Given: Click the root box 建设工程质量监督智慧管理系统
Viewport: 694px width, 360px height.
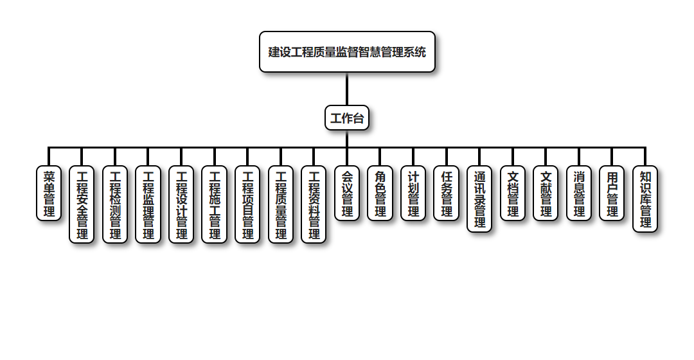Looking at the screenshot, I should (x=347, y=52).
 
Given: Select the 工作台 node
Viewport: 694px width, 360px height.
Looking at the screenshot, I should (x=347, y=118).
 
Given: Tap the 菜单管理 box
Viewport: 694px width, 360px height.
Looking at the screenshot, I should (x=49, y=193).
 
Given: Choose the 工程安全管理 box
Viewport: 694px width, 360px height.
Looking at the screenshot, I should (x=82, y=204).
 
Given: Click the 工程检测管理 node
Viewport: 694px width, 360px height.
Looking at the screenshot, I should (x=115, y=204).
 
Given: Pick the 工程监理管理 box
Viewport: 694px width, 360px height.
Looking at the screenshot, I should (x=148, y=204).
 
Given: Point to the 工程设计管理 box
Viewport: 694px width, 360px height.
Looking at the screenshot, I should (x=181, y=204).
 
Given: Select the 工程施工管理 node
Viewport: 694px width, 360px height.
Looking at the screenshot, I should (x=215, y=204).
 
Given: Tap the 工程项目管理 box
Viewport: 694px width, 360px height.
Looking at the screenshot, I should (x=247, y=204).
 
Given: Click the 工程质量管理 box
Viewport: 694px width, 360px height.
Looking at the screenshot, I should (x=281, y=204).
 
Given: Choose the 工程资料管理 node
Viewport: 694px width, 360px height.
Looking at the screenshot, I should (x=314, y=204).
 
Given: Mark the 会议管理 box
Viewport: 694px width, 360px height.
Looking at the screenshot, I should (x=347, y=193).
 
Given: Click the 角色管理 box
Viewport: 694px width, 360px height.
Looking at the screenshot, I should (x=380, y=193).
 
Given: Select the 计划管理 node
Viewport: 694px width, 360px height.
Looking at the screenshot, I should (x=413, y=193).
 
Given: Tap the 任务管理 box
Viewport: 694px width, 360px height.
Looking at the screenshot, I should (x=447, y=193).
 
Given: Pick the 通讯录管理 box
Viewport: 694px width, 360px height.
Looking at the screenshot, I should (x=479, y=199).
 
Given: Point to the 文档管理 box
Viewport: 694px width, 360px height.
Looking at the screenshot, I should (x=513, y=193).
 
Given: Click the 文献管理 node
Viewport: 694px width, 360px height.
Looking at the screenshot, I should (x=546, y=193).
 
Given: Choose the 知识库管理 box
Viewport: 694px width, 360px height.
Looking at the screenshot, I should (x=645, y=199).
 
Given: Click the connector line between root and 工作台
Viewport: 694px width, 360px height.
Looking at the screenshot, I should (x=347, y=89).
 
